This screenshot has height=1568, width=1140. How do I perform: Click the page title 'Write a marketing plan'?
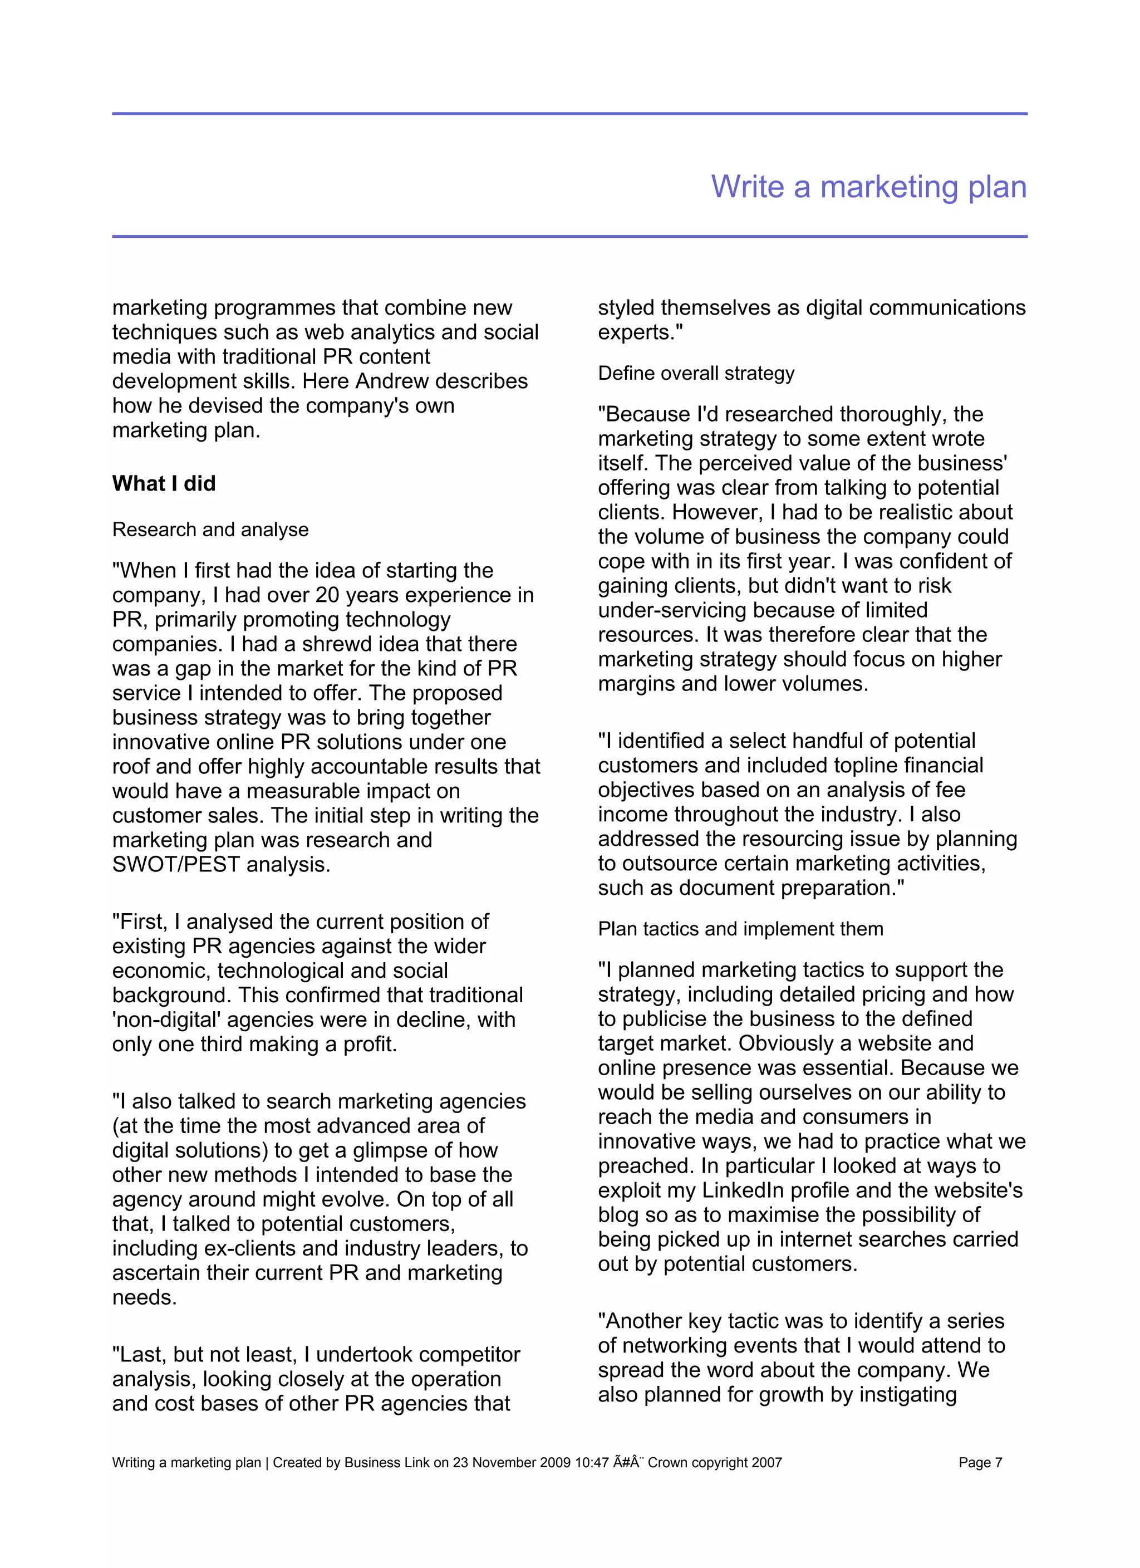[868, 187]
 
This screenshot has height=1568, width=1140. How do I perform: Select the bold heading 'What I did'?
[164, 483]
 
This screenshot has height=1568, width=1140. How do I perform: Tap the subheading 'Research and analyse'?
[210, 530]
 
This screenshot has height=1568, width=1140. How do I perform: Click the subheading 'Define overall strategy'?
[696, 373]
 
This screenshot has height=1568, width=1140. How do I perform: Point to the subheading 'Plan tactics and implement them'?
[740, 928]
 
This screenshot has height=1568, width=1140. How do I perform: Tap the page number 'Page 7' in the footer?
[980, 1462]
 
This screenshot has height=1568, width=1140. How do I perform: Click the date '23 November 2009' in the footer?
[512, 1462]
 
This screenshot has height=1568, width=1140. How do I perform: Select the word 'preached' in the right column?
[646, 1165]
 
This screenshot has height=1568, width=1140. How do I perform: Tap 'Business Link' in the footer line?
[387, 1462]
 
